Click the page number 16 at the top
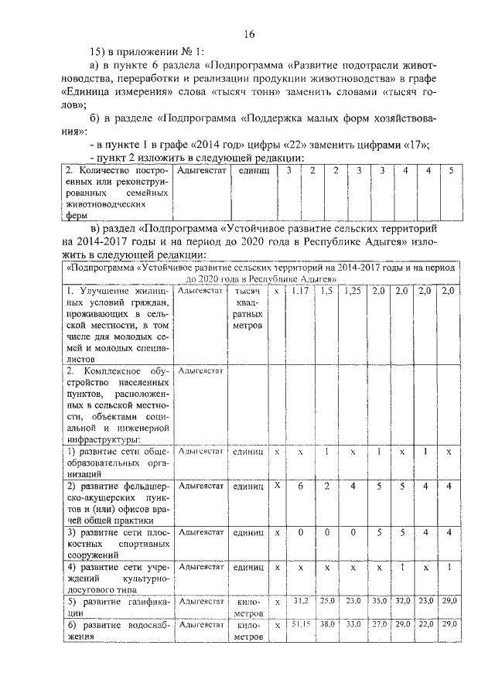pyautogui.click(x=249, y=33)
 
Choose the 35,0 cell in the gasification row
pyautogui.click(x=378, y=600)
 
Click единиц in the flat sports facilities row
pyautogui.click(x=247, y=533)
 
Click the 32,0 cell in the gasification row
pyautogui.click(x=402, y=600)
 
